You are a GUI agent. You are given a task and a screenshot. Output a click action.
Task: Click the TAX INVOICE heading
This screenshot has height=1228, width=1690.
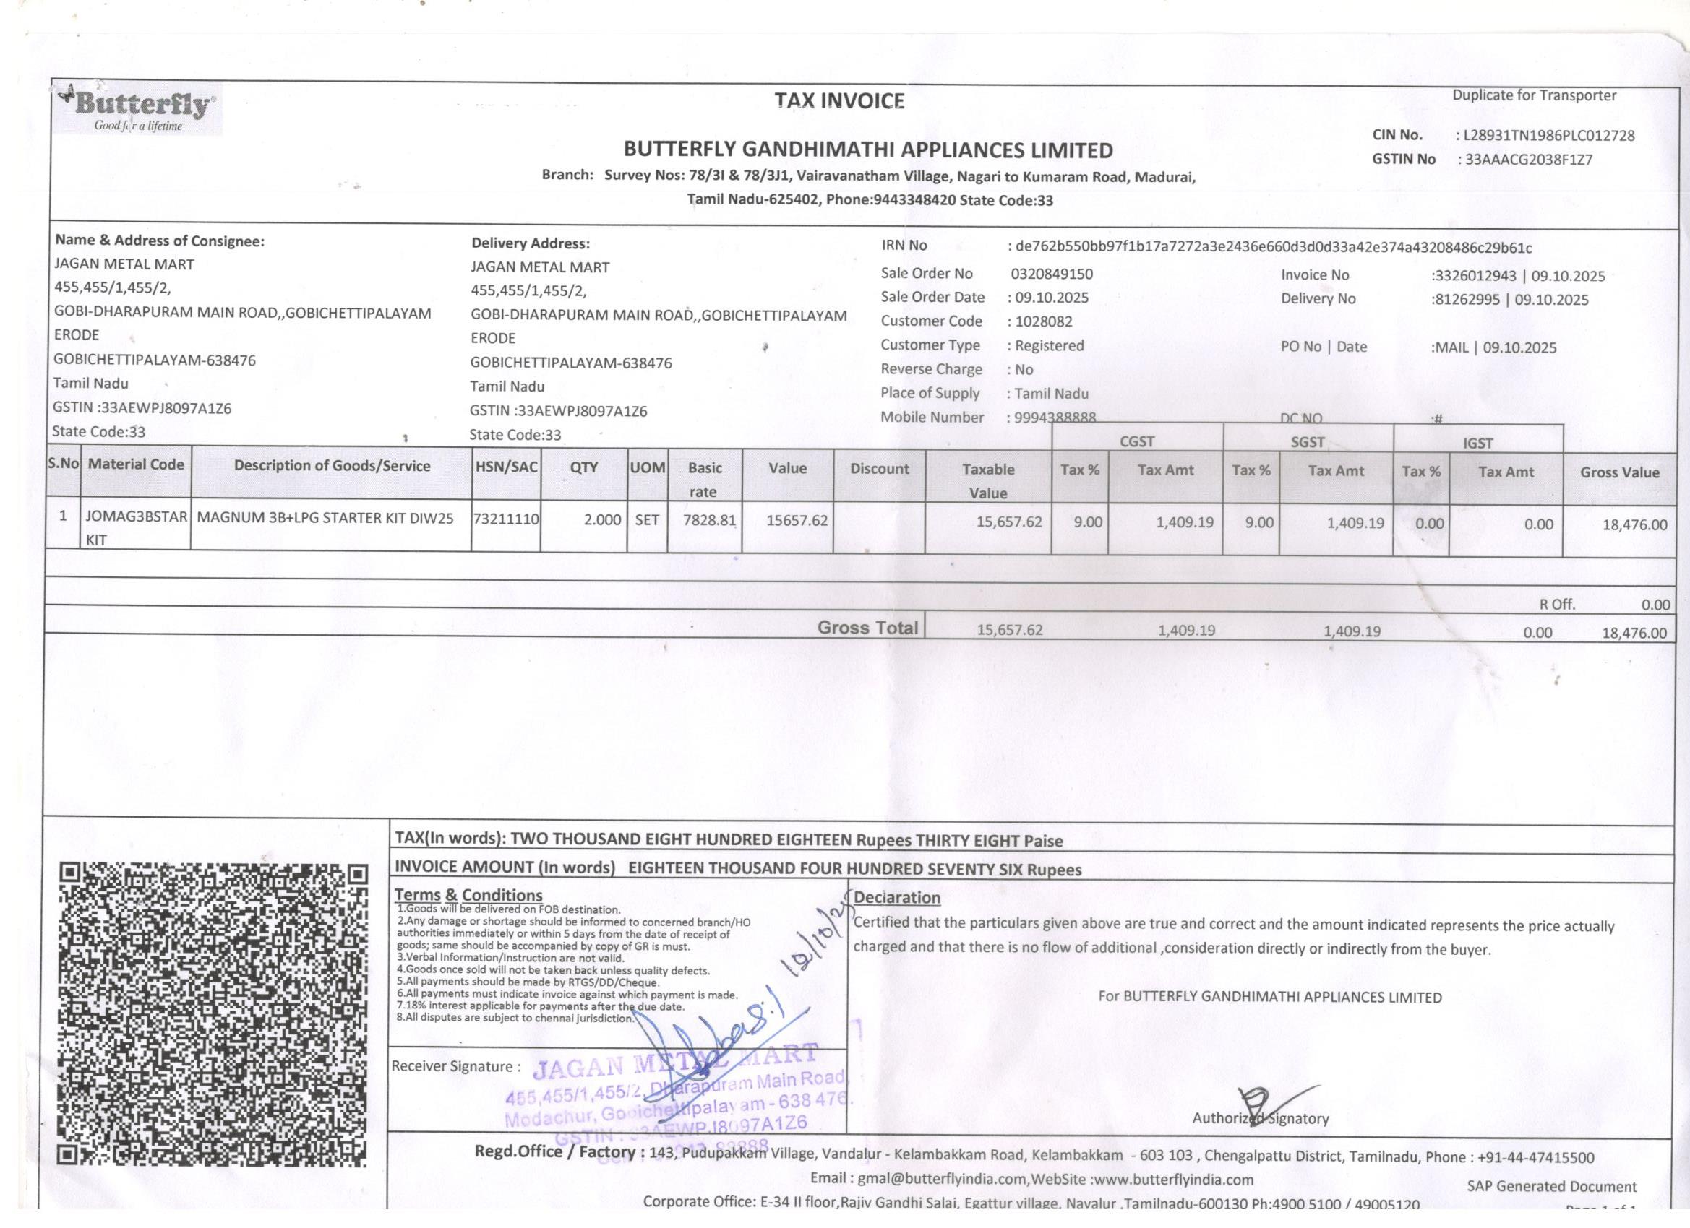coord(839,101)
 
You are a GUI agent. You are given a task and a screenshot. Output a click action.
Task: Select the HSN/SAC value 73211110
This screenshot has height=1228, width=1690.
coord(506,519)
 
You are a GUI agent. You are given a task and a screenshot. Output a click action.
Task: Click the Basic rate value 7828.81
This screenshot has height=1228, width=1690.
coord(709,520)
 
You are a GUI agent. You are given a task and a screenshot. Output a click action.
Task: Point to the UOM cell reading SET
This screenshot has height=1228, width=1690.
coord(647,520)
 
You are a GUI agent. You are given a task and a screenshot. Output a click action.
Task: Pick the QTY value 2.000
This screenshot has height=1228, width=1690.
coord(602,520)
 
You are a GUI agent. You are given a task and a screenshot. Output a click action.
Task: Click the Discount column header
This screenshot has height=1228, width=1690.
coord(879,468)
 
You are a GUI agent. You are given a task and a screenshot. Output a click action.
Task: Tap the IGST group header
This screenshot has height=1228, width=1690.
coord(1477,443)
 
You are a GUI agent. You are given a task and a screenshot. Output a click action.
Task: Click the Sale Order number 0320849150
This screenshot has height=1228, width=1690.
coord(1052,273)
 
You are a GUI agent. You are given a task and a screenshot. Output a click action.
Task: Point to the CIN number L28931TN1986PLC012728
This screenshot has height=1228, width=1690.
coord(1549,136)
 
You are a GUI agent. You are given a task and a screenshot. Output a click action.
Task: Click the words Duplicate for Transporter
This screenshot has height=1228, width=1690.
coord(1535,95)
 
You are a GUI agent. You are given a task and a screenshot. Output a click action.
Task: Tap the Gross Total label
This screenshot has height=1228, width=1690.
coord(867,627)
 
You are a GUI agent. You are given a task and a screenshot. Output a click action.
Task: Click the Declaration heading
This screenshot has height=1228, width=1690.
coord(897,897)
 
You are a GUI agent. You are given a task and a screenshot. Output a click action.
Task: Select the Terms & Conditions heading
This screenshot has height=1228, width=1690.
coord(468,894)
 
